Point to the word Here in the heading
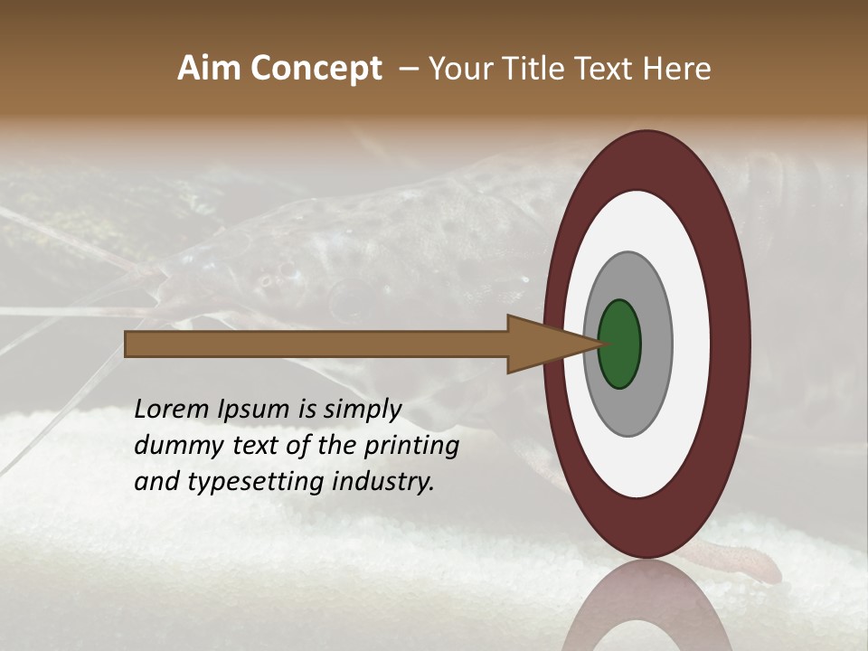coord(677,69)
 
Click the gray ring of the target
coord(656,344)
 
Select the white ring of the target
coord(692,344)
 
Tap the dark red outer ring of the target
coord(731,344)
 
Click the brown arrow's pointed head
coord(542,344)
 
